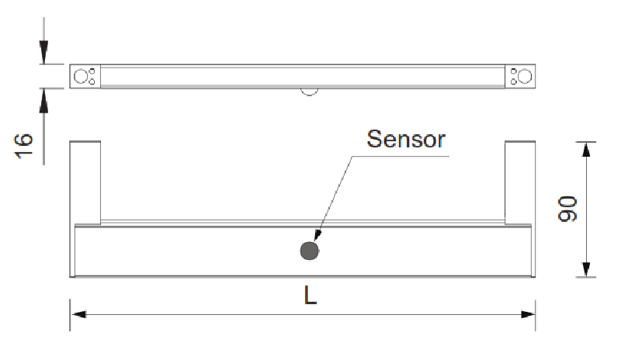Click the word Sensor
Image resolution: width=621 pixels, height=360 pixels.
pos(406,139)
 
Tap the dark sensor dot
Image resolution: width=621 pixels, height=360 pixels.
pos(309,251)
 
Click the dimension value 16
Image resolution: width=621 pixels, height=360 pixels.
pos(23,146)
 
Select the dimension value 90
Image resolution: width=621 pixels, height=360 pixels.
pos(567,209)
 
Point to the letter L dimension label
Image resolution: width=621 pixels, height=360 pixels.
pos(310,295)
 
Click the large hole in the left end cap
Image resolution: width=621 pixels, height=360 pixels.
pos(81,76)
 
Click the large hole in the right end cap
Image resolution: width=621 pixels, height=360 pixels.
pos(525,76)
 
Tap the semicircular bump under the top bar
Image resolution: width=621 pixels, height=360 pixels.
pos(309,92)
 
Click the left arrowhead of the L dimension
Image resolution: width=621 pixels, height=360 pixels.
pos(78,314)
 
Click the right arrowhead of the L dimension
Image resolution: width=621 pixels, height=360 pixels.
pos(528,314)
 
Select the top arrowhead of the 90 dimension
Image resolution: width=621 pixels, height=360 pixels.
pos(586,149)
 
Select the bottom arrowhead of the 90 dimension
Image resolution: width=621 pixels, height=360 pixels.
pos(586,269)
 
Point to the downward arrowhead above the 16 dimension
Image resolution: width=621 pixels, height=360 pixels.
pos(43,52)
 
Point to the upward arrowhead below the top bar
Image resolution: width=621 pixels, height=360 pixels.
pos(43,100)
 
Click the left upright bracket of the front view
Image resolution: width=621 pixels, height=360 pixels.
pos(85,182)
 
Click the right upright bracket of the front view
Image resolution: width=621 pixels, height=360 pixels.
pos(520,182)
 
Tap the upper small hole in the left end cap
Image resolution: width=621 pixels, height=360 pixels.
pos(92,71)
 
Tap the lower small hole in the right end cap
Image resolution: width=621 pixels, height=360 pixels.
pos(514,81)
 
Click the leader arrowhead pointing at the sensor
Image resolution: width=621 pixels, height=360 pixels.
pos(317,234)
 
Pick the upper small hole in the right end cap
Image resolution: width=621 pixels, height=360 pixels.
pos(514,71)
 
